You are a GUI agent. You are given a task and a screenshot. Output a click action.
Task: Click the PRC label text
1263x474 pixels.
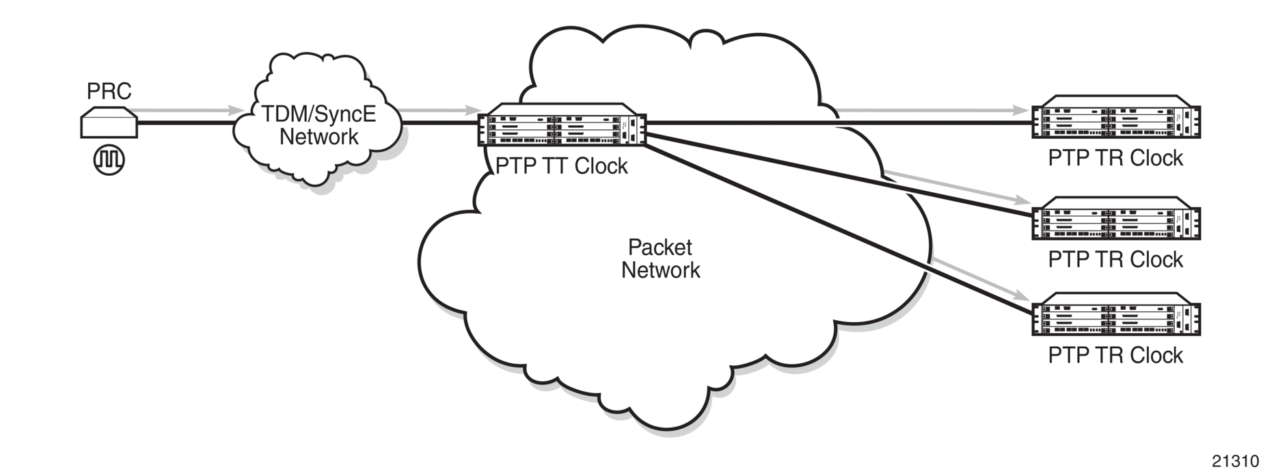pos(109,91)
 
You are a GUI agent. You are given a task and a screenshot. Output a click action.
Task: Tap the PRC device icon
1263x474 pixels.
pos(109,123)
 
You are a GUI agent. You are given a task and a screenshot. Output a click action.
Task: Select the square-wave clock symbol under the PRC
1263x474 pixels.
pos(109,160)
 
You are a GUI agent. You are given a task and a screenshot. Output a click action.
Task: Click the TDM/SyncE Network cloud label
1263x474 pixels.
pos(318,125)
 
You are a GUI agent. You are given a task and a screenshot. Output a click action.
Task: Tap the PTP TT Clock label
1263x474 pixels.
pos(561,166)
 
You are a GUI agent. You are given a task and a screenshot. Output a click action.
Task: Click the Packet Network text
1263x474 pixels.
pos(660,259)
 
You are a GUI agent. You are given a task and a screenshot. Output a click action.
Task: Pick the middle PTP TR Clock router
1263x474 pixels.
pos(1115,219)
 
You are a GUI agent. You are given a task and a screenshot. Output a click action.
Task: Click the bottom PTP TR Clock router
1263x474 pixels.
pos(1115,315)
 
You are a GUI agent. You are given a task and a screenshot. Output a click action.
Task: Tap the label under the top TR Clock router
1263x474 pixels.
pos(1115,159)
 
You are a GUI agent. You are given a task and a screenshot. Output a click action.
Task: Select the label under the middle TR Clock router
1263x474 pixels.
pos(1115,260)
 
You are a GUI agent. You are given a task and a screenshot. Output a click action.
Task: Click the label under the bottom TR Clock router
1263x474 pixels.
pos(1115,356)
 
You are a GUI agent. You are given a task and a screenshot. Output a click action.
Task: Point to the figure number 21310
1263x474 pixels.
pos(1236,460)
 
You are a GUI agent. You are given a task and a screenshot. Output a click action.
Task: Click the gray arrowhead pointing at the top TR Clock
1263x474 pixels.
pos(1023,110)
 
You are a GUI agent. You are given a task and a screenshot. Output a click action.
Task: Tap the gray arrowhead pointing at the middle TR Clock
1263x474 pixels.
pos(1023,200)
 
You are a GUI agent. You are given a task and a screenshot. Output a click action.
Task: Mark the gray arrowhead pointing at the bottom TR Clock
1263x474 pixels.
pos(1023,296)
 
